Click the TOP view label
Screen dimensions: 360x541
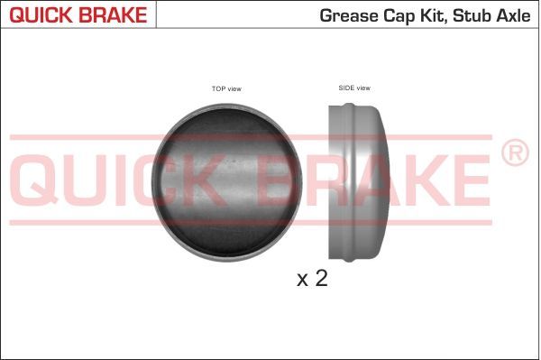tap(226, 88)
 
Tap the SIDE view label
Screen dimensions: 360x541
tap(353, 88)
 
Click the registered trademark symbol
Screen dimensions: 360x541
tap(514, 153)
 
